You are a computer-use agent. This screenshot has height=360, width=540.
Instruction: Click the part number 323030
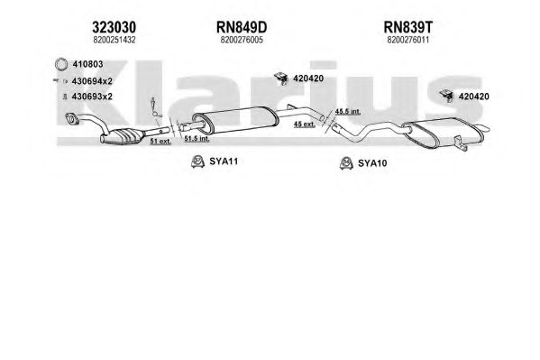click(114, 27)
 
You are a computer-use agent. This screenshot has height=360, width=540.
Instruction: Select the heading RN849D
click(242, 27)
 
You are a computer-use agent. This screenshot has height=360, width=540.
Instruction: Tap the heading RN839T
click(408, 27)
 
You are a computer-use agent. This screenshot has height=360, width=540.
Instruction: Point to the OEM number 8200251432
click(114, 40)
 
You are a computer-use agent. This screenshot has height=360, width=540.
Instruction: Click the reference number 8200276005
click(242, 40)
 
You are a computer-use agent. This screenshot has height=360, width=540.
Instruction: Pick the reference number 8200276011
click(408, 40)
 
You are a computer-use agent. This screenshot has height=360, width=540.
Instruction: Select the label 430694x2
click(92, 81)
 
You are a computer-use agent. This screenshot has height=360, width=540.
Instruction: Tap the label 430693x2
click(92, 97)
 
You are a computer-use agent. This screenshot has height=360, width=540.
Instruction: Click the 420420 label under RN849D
click(308, 78)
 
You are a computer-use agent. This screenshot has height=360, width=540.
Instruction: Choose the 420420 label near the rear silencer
click(473, 97)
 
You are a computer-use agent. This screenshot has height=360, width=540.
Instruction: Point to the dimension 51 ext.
click(160, 141)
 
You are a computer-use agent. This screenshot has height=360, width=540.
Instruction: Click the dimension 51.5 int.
click(197, 139)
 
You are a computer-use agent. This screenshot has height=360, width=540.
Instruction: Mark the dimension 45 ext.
click(304, 125)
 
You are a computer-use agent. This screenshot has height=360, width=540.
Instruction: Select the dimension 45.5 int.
click(348, 111)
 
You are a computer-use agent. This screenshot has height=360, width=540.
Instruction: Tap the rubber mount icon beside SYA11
click(197, 162)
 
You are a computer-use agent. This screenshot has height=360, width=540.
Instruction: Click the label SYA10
click(372, 163)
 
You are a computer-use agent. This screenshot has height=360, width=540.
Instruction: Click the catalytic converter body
click(125, 136)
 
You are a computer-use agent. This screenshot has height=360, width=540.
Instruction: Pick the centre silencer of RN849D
click(235, 119)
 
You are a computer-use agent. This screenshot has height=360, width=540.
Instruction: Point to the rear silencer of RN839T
click(444, 132)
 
